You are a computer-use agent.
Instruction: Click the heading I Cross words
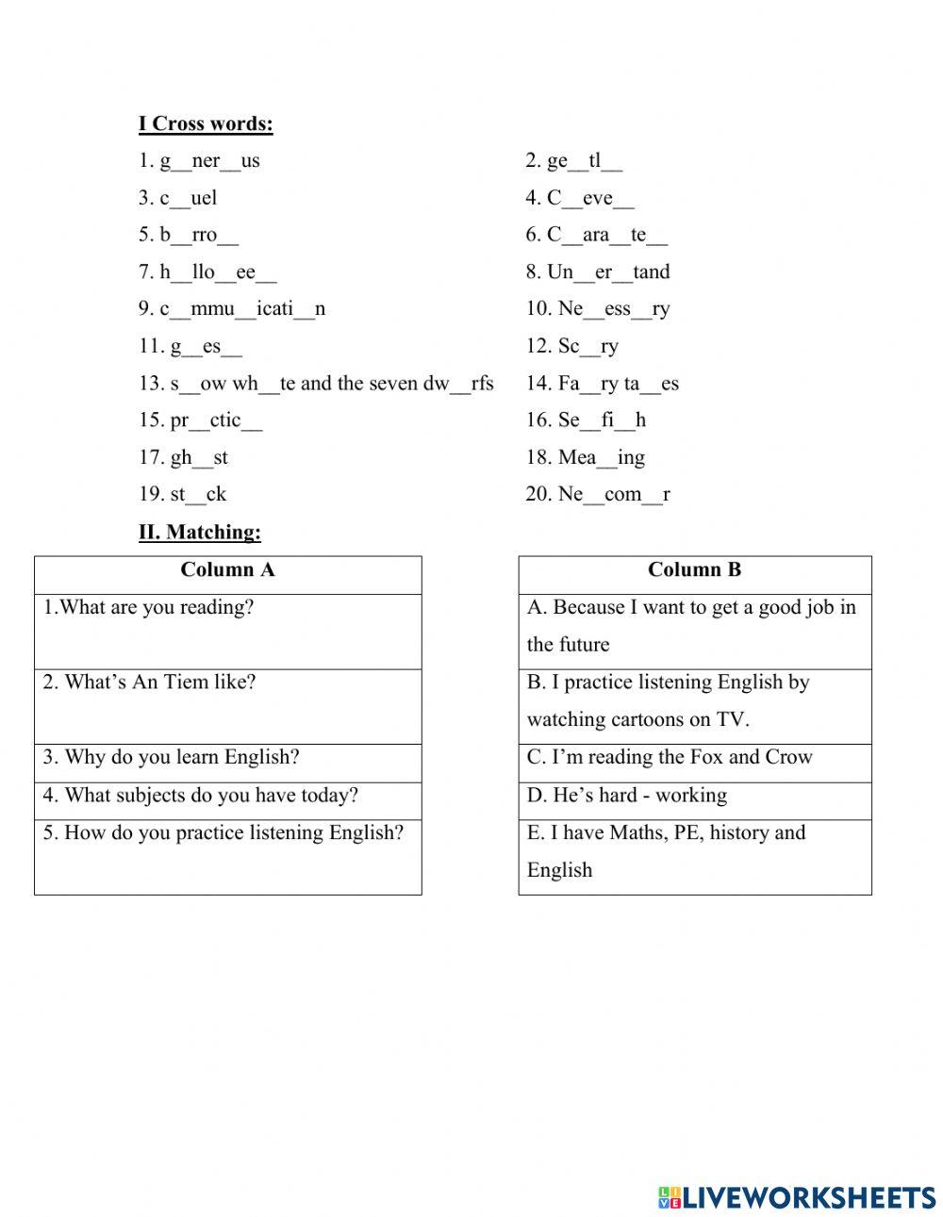(x=206, y=123)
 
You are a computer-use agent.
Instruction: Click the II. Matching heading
(x=200, y=533)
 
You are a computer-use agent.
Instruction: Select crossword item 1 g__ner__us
(x=199, y=161)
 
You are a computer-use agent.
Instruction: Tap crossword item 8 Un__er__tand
(x=598, y=272)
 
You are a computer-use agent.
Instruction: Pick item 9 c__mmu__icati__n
(x=232, y=309)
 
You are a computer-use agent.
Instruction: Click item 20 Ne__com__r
(x=598, y=495)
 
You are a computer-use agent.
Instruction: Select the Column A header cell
(x=227, y=570)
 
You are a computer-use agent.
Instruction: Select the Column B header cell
(x=694, y=570)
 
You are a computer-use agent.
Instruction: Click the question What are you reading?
(x=149, y=608)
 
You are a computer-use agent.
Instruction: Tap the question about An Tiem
(x=149, y=683)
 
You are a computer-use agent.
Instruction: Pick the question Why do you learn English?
(x=171, y=758)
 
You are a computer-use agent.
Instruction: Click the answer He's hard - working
(x=627, y=796)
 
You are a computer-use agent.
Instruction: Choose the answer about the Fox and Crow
(x=670, y=758)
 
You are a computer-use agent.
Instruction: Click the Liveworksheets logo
(x=797, y=1196)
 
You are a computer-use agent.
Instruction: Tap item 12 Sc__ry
(x=572, y=347)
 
